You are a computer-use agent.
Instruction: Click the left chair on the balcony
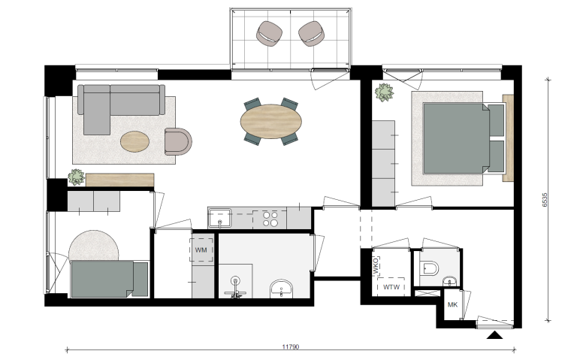coord(269,33)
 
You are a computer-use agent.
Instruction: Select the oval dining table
coord(270,121)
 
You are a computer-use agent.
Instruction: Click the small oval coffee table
coord(135,141)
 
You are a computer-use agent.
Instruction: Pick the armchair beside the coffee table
coord(178,141)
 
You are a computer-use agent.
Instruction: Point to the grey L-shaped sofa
coord(113,105)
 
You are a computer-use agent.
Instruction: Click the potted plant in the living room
coord(76,177)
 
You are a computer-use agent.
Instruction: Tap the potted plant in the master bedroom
coord(385,93)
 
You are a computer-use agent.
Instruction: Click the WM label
coord(201,249)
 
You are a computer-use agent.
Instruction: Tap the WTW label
coord(391,286)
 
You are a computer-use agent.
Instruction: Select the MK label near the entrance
coord(453,304)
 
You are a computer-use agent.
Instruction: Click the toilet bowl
coord(430,267)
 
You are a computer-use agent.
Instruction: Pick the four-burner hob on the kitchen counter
coord(270,219)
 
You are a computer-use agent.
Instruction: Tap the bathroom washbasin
coord(281,288)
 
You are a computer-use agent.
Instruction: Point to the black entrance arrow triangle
coord(494,334)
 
